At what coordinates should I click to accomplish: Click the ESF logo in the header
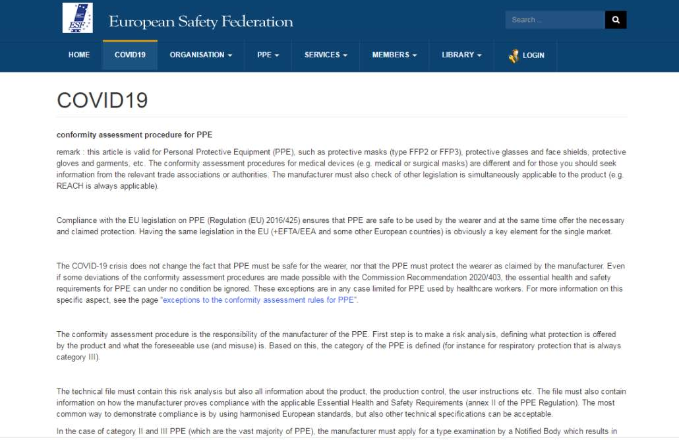coord(77,18)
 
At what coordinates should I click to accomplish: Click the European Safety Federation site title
coord(201,22)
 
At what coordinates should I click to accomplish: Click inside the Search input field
coord(554,20)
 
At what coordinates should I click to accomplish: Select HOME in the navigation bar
coord(79,55)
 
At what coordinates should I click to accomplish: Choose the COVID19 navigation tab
coord(130,55)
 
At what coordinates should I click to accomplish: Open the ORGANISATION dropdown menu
coord(201,55)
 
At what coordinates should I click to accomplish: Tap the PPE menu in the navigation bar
coord(268,55)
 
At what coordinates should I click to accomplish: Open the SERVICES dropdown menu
coord(326,55)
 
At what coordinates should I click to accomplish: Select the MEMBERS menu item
coord(394,55)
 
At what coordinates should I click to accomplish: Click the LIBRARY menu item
coord(461,55)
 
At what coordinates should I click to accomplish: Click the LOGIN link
coord(533,55)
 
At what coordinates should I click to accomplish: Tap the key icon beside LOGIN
coord(514,56)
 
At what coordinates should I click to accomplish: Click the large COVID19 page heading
coord(102,100)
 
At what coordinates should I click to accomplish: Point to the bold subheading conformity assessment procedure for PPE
coord(134,135)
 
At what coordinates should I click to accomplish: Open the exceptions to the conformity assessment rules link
coord(259,300)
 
